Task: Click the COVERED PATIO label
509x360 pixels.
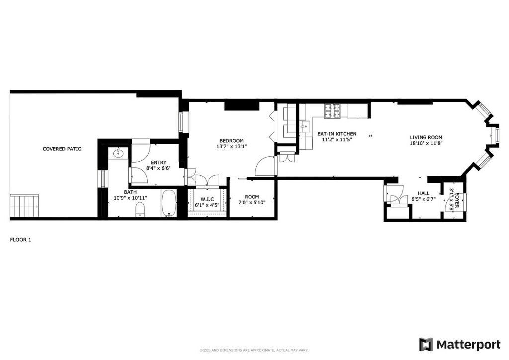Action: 62,149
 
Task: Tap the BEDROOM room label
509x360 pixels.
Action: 232,141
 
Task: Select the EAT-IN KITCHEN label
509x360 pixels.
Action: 337,134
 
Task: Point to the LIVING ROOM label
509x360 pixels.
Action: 426,137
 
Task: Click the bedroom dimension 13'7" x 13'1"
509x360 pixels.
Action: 232,146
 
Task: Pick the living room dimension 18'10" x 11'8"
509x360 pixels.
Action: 426,143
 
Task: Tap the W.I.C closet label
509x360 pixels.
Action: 207,199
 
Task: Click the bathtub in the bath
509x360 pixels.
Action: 169,203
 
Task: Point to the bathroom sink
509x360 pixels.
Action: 118,153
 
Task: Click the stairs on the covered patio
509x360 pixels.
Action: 25,206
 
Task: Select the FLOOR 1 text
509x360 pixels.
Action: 20,240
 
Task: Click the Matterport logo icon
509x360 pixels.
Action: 426,345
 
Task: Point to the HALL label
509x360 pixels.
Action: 424,193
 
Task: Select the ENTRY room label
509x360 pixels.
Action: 159,162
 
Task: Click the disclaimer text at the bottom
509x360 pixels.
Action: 254,350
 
